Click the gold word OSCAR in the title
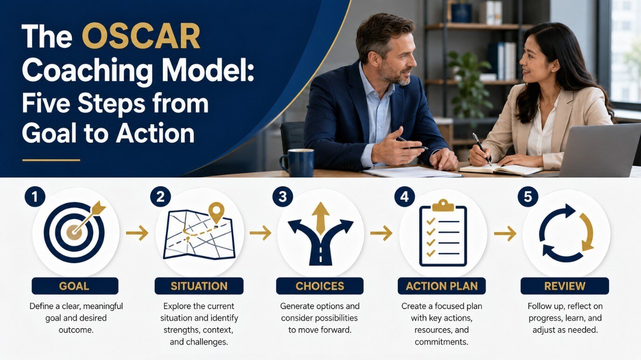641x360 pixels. click(141, 36)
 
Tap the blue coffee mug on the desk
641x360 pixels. click(298, 162)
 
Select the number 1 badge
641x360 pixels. click(35, 197)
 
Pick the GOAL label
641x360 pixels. click(75, 286)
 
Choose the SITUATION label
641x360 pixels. click(199, 286)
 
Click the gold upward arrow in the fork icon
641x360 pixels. click(320, 218)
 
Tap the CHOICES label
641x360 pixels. click(320, 286)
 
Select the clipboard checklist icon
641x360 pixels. click(443, 233)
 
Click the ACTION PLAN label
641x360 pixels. click(441, 286)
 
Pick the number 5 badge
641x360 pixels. click(528, 197)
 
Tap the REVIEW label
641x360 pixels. click(564, 286)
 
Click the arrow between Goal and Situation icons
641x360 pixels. click(137, 233)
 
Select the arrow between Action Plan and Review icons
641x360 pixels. click(505, 233)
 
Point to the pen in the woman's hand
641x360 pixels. click(482, 149)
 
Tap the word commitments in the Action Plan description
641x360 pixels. click(441, 342)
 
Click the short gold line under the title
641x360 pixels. click(51, 160)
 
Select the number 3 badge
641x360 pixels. click(282, 197)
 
